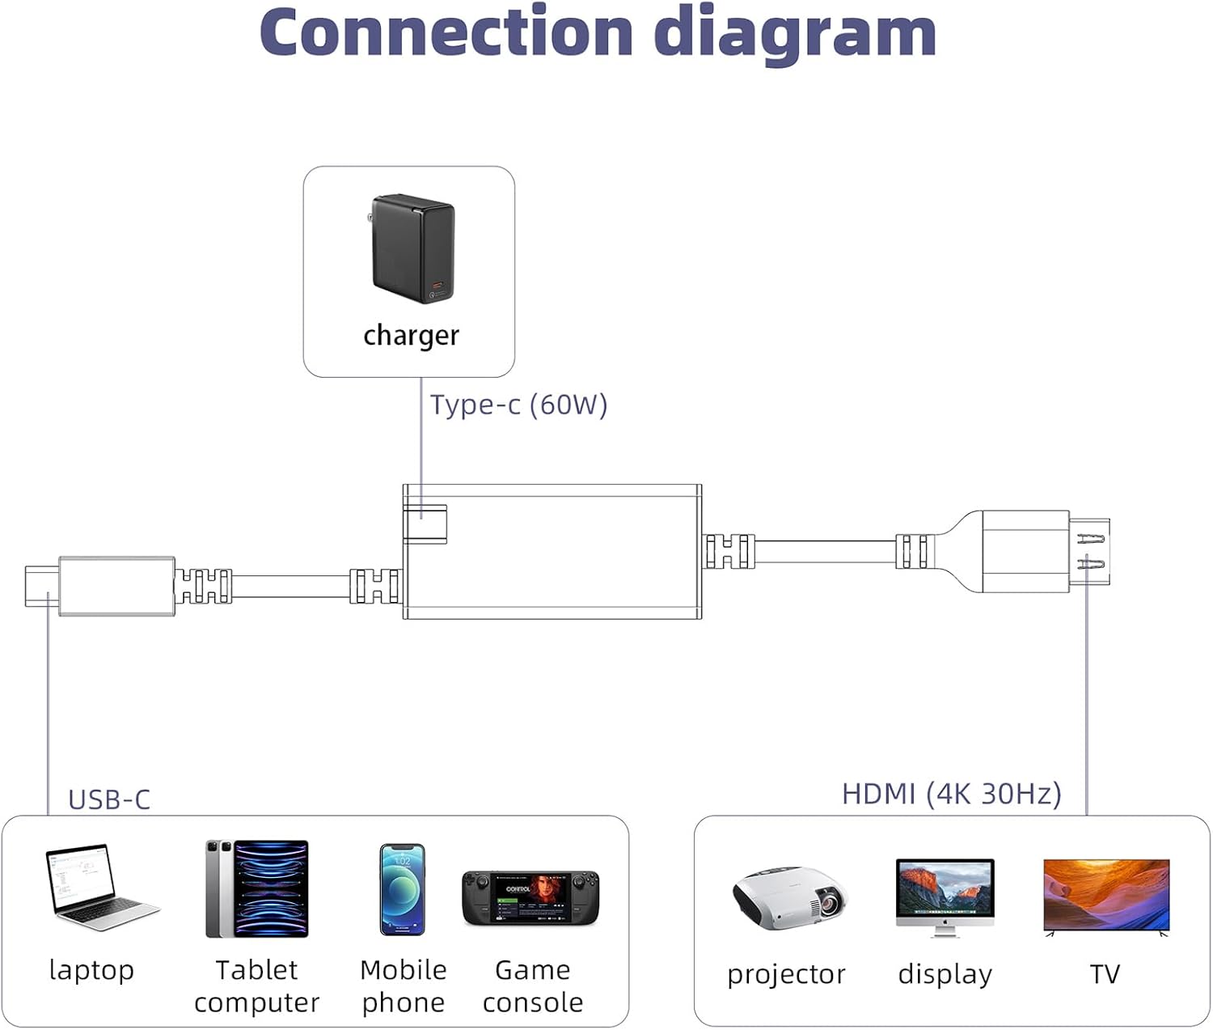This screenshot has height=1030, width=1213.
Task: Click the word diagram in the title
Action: pyautogui.click(x=795, y=36)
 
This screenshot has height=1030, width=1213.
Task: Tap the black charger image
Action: pyautogui.click(x=412, y=249)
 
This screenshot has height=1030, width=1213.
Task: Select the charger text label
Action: pyautogui.click(x=411, y=335)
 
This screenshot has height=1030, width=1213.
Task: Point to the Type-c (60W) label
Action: pyautogui.click(x=519, y=405)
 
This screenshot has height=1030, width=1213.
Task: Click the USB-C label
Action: pyautogui.click(x=109, y=799)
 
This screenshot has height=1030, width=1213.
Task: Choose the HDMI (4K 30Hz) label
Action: pyautogui.click(x=952, y=794)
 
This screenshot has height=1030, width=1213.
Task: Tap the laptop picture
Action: pyautogui.click(x=101, y=887)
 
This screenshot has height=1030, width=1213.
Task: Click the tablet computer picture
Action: pyautogui.click(x=256, y=888)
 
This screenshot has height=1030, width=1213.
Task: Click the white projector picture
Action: pyautogui.click(x=790, y=898)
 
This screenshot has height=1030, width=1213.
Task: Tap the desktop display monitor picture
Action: pyautogui.click(x=945, y=898)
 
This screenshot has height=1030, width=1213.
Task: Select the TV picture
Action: pyautogui.click(x=1106, y=897)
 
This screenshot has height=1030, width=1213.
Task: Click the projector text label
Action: pyautogui.click(x=786, y=975)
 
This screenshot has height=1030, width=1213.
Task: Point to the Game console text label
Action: pyautogui.click(x=533, y=986)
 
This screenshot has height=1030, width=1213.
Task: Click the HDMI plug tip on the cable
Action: pyautogui.click(x=1089, y=552)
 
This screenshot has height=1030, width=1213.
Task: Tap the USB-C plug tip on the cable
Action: pyautogui.click(x=42, y=586)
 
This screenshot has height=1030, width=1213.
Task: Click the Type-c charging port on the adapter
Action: pyautogui.click(x=425, y=523)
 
